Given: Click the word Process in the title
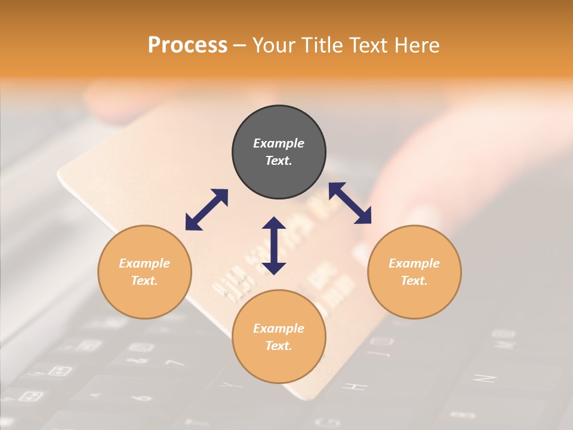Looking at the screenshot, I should (187, 45).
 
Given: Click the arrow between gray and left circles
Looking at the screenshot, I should (207, 210).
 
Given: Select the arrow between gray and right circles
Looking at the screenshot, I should (350, 203).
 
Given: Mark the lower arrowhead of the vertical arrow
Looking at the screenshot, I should (274, 268).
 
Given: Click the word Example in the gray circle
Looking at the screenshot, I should (279, 143).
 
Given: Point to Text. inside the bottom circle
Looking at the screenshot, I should (279, 346).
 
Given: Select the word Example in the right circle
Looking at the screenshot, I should (414, 263).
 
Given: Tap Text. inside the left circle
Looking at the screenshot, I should (144, 281).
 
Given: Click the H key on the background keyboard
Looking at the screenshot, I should (358, 386).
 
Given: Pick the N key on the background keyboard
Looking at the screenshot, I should (483, 378).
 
